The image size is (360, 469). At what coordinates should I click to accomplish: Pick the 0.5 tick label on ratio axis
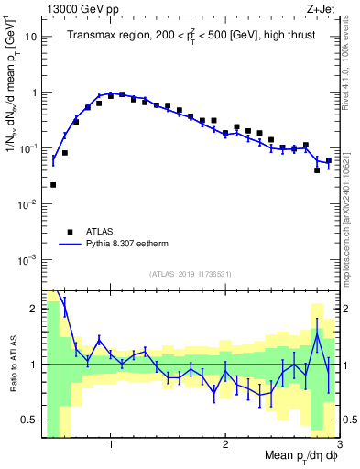(29, 420)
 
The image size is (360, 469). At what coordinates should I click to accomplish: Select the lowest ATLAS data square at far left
(53, 185)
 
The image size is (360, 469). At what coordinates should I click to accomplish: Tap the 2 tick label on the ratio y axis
(34, 309)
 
